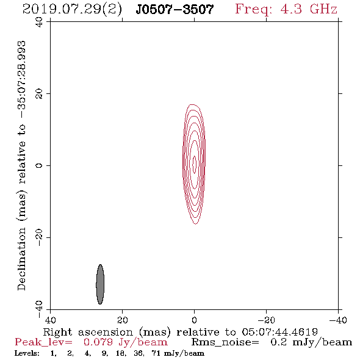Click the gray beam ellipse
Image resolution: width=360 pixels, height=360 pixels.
[100, 284]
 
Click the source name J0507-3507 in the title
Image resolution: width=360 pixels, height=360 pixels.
[175, 9]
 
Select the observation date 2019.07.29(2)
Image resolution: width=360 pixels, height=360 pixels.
[72, 9]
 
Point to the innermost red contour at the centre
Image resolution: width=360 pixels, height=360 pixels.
[195, 164]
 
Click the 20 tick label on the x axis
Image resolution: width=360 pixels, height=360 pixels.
[122, 320]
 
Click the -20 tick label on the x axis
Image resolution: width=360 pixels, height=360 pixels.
[266, 320]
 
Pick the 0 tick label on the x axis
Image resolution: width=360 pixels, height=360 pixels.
[194, 320]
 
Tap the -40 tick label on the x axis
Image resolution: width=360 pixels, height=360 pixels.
[338, 320]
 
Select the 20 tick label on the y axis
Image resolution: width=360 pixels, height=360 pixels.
[39, 94]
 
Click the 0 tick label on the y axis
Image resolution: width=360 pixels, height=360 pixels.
[39, 165]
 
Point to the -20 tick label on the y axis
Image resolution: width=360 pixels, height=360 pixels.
[39, 237]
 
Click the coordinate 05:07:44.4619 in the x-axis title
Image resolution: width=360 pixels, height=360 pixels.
[279, 332]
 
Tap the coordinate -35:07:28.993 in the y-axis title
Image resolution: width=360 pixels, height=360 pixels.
[22, 79]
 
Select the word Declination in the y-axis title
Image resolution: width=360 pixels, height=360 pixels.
[21, 259]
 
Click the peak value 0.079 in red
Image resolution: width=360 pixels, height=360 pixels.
[98, 342]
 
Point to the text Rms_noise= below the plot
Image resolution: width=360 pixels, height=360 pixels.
[225, 342]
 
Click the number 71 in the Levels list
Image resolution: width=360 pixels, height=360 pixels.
[156, 353]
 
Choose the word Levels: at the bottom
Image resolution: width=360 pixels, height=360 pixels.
[27, 353]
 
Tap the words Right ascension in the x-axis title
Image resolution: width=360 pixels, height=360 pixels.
[88, 332]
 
